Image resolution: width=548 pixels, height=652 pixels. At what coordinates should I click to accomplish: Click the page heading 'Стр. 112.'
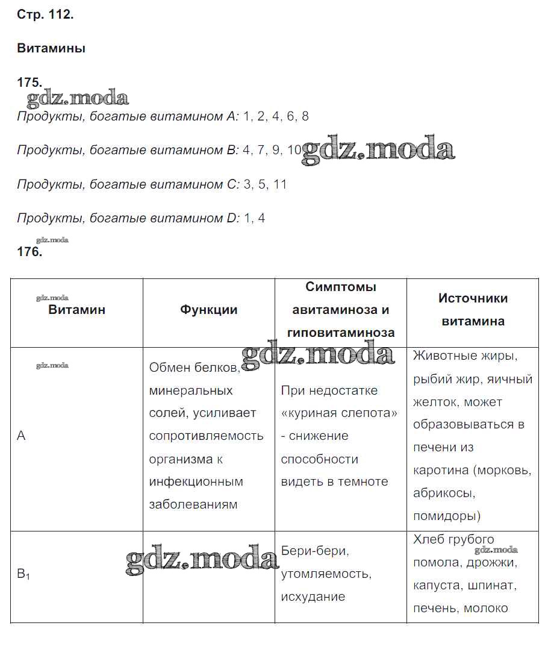click(45, 15)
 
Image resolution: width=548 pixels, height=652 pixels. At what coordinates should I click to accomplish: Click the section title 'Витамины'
click(51, 48)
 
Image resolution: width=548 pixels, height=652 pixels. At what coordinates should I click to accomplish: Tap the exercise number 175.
click(30, 83)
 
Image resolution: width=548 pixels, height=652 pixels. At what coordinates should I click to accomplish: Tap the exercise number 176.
click(30, 252)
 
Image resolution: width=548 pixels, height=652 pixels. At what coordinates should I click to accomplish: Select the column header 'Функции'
click(208, 310)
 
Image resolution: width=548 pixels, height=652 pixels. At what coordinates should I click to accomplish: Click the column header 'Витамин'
click(76, 310)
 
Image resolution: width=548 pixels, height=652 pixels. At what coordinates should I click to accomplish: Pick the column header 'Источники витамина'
click(473, 310)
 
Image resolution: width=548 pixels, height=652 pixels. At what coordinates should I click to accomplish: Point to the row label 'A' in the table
click(22, 436)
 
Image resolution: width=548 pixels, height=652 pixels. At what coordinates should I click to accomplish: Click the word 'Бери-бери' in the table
click(315, 551)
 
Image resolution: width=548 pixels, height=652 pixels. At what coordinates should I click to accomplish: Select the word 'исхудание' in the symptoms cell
click(313, 597)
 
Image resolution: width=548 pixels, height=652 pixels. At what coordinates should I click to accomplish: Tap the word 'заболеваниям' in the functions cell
click(193, 504)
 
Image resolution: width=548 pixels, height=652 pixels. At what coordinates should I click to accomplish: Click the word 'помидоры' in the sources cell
click(446, 516)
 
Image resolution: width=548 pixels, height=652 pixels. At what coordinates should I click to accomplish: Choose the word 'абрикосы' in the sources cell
click(444, 493)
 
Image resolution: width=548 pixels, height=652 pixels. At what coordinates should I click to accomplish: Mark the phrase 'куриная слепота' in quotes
click(340, 413)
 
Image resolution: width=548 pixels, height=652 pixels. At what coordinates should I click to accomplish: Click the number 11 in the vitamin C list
click(280, 184)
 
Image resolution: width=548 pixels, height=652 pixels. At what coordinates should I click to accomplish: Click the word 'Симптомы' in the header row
click(341, 287)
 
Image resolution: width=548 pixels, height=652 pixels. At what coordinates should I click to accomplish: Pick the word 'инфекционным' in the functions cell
click(196, 481)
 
